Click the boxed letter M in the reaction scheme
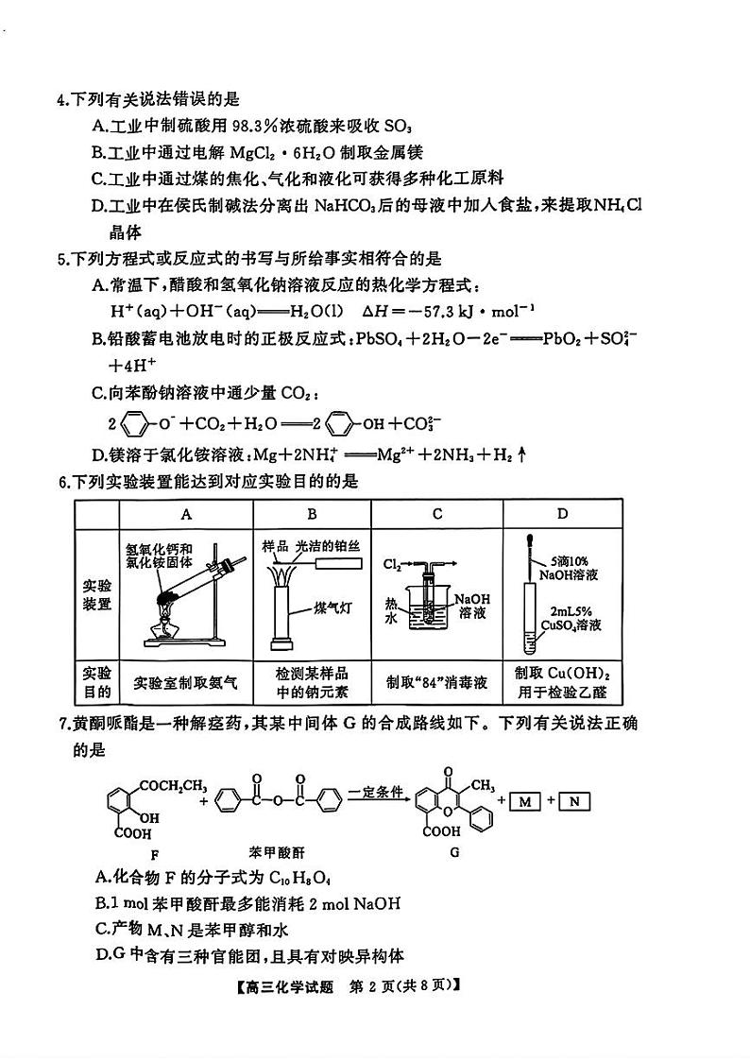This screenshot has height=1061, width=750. tap(528, 802)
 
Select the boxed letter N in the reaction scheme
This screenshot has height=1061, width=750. tap(574, 802)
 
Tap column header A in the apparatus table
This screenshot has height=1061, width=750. tap(186, 514)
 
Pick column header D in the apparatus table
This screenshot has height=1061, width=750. tap(563, 514)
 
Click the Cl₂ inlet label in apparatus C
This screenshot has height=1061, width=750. tap(393, 564)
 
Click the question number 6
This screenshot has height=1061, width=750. tap(62, 483)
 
